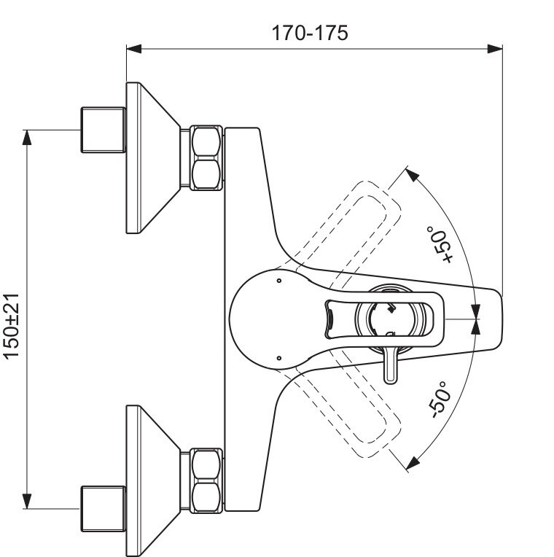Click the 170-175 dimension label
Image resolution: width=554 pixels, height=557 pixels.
310,33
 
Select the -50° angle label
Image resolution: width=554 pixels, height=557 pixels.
441,398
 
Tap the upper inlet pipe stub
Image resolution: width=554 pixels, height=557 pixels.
102,131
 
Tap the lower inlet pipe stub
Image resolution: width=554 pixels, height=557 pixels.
102,508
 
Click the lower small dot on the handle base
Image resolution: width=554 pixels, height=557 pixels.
279,357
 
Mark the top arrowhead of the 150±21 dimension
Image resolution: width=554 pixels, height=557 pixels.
28,136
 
